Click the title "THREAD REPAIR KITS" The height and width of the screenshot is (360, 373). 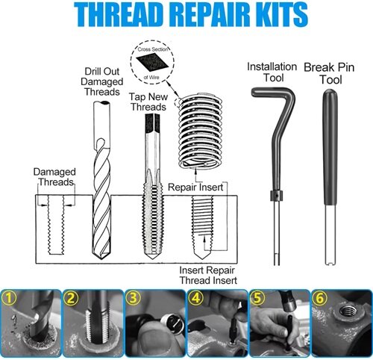186,15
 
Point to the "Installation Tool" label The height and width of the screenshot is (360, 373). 272,72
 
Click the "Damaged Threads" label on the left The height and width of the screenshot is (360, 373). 53,177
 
